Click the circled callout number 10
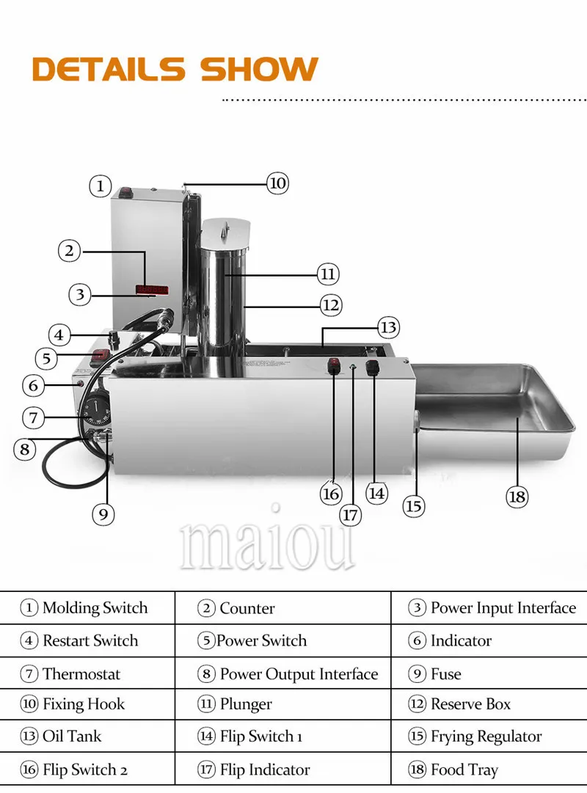point(278,183)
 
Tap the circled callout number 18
point(517,496)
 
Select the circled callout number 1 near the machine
point(101,186)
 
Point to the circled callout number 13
point(388,327)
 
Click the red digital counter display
point(152,290)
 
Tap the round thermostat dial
point(96,409)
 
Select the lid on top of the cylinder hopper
point(226,232)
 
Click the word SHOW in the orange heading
point(259,69)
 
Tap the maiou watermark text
point(266,545)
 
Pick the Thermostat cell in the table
point(87,673)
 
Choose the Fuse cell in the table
point(489,673)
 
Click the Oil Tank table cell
point(87,736)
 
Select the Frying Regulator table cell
point(489,736)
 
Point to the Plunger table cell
point(283,704)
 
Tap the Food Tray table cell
point(489,769)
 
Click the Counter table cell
point(283,607)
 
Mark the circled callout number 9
point(103,514)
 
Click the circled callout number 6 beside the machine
point(34,385)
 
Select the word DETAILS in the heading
point(109,69)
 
